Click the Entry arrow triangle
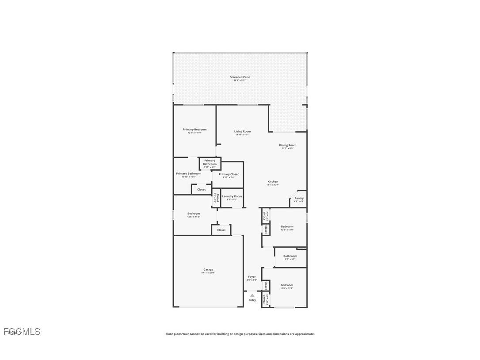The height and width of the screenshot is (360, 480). click(x=252, y=295)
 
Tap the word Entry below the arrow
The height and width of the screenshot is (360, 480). click(x=252, y=300)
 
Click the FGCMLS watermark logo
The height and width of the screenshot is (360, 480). click(x=22, y=332)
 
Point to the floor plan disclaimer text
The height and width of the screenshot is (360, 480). click(x=240, y=334)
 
